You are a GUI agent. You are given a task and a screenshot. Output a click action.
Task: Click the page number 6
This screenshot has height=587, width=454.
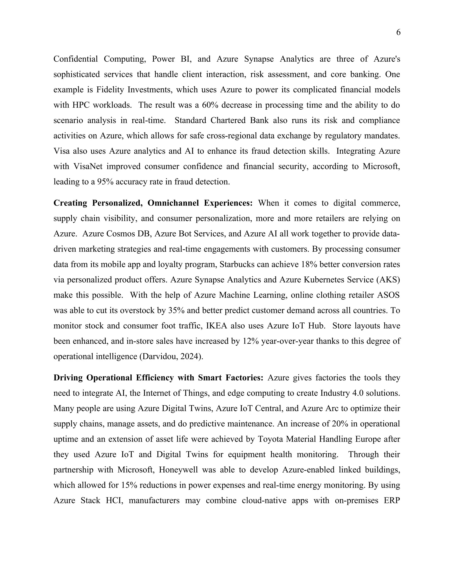398,33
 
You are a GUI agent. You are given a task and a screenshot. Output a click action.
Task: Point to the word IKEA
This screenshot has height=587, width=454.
217,326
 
